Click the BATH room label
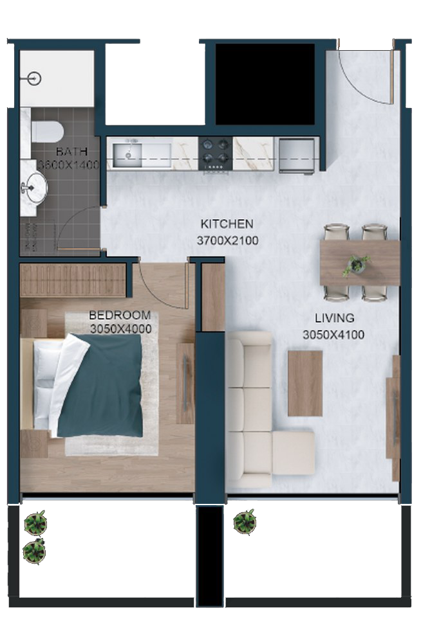tap(71, 151)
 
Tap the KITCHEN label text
tap(227, 224)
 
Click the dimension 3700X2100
tap(227, 240)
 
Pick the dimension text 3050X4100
tap(333, 335)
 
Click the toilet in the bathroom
tap(47, 132)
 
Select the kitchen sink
tap(127, 155)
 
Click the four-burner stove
tap(216, 154)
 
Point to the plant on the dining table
tap(357, 264)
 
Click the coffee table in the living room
tap(305, 383)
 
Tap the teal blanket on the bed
tap(101, 386)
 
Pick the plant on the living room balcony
tap(245, 522)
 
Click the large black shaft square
tap(265, 84)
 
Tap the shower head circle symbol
tap(35, 78)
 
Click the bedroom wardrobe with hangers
tap(73, 280)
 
